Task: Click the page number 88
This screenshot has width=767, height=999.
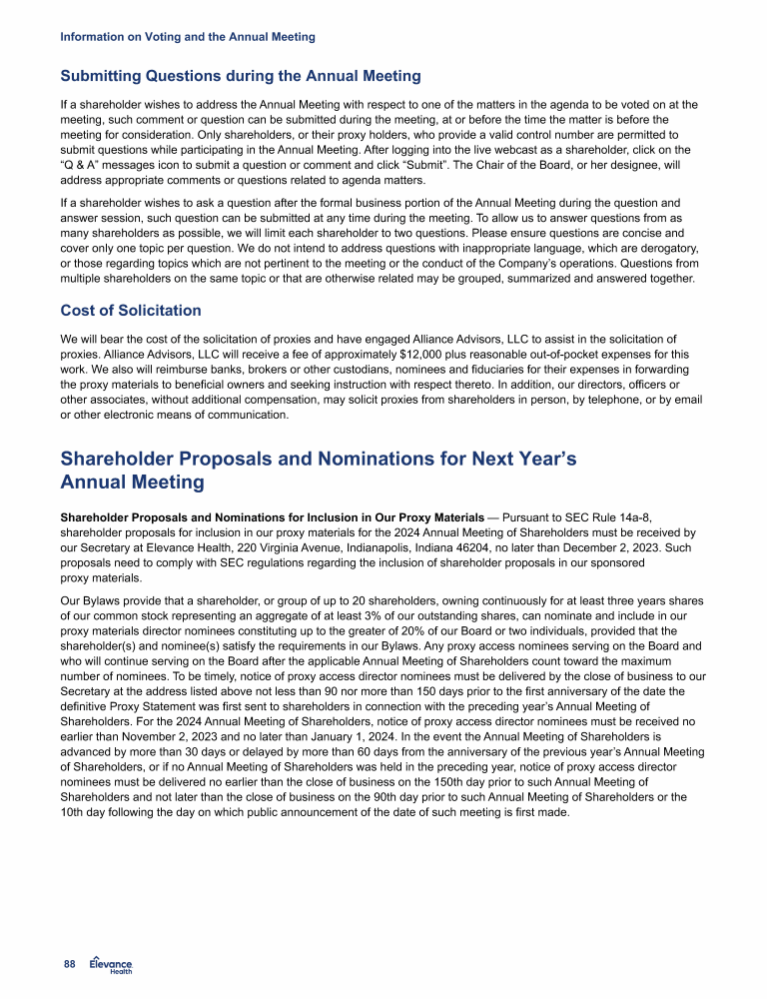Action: tap(69, 963)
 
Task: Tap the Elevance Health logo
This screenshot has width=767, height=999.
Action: tap(111, 963)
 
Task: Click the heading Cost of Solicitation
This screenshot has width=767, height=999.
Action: tap(131, 311)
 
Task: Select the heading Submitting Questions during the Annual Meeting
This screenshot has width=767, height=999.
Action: tap(241, 76)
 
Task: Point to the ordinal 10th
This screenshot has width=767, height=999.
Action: tap(74, 811)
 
